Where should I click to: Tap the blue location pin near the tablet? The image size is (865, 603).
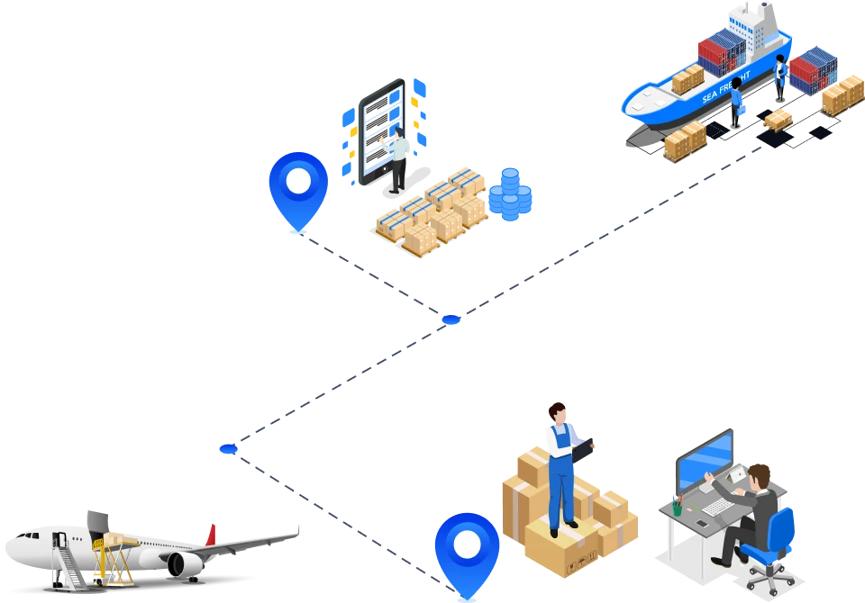(x=298, y=185)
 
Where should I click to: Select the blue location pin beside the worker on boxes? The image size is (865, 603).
(x=466, y=548)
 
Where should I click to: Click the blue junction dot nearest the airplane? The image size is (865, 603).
(x=227, y=447)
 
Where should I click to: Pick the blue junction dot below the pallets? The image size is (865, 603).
(x=451, y=319)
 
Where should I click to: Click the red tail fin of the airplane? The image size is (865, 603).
(x=211, y=533)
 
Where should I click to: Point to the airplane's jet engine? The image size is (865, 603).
(x=184, y=564)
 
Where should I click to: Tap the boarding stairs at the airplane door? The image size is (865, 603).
(x=67, y=560)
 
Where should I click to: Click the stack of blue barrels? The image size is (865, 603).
(x=510, y=194)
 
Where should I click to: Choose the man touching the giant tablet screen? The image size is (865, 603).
(x=396, y=158)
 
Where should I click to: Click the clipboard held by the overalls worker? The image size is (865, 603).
(x=584, y=447)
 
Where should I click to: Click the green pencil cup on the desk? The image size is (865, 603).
(x=677, y=508)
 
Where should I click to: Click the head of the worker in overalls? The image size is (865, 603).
(x=559, y=414)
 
